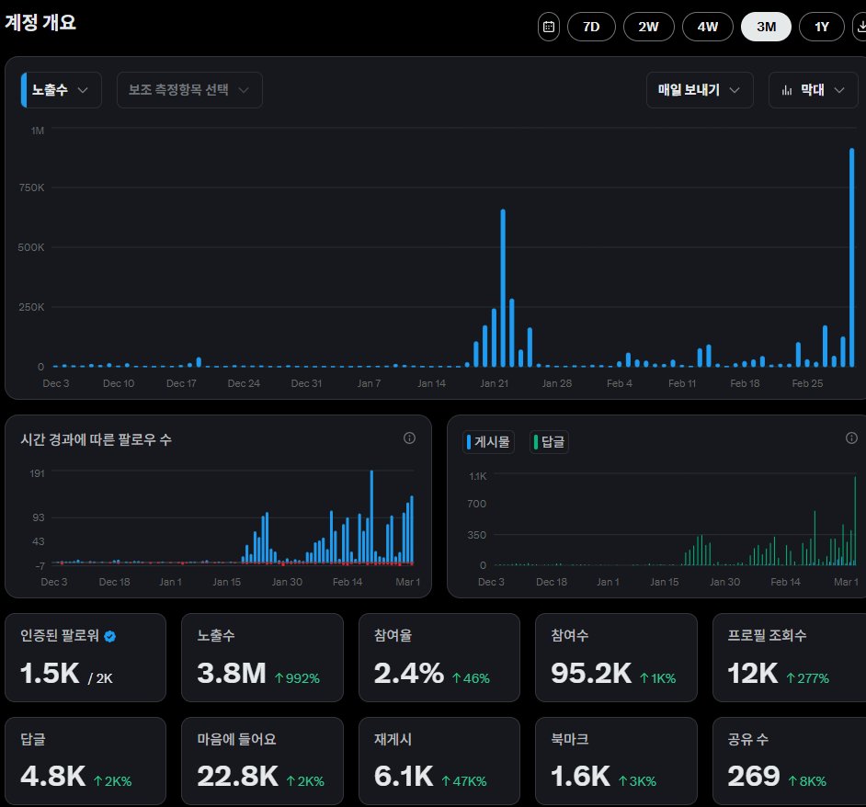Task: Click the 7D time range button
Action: tap(591, 27)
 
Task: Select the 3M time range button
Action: tap(765, 27)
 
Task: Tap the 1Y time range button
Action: tap(822, 27)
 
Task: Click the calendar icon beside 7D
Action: tap(549, 27)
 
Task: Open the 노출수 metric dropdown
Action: tap(62, 90)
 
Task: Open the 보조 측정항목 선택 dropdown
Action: tap(189, 90)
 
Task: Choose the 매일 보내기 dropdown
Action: tap(700, 90)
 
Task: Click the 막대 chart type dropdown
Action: tap(813, 90)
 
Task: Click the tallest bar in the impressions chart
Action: tap(852, 257)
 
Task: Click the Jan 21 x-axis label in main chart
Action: tap(494, 383)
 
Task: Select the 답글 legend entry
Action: tap(550, 442)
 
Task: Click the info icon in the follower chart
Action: tap(410, 438)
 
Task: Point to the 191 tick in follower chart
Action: tap(38, 472)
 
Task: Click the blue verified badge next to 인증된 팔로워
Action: tap(110, 636)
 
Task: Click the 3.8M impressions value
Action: tap(232, 674)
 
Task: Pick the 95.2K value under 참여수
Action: tap(591, 674)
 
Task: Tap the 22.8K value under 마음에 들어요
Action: tap(237, 777)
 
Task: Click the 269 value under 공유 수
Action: tap(754, 777)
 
